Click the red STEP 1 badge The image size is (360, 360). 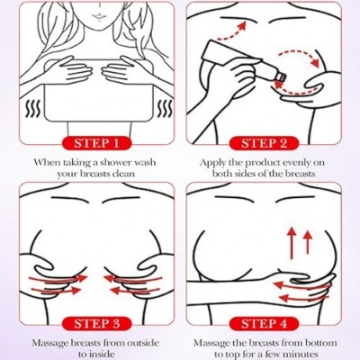click(96, 143)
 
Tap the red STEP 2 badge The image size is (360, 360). click(264, 143)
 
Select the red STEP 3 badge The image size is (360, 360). click(96, 324)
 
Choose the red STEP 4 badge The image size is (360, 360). click(264, 324)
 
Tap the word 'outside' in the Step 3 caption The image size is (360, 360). click(141, 343)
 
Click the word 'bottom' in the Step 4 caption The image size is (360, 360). click(321, 343)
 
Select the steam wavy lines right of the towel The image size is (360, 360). click(166, 109)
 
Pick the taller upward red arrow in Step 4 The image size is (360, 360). click(292, 243)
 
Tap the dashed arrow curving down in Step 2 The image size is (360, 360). click(300, 58)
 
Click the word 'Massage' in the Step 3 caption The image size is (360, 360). click(50, 343)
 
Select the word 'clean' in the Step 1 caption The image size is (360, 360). click(123, 174)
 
